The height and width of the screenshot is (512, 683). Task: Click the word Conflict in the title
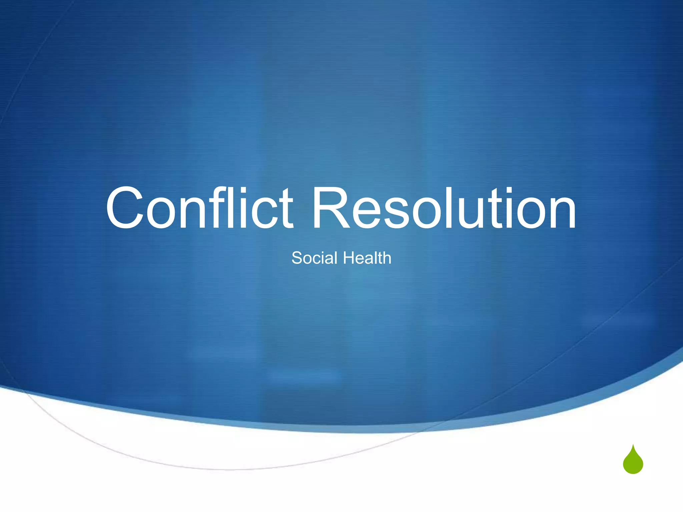[199, 208]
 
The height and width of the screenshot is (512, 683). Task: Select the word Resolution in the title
[444, 208]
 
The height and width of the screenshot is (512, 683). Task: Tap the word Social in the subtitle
[314, 258]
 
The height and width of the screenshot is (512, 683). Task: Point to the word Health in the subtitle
[367, 258]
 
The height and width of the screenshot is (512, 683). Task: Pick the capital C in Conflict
[125, 208]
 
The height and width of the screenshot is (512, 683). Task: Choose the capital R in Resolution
[330, 208]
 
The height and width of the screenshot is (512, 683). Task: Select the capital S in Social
[297, 258]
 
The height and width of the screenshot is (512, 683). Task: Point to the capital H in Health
[349, 258]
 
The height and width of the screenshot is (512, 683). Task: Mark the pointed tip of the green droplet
[633, 445]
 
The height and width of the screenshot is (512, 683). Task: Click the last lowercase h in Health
[386, 258]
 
